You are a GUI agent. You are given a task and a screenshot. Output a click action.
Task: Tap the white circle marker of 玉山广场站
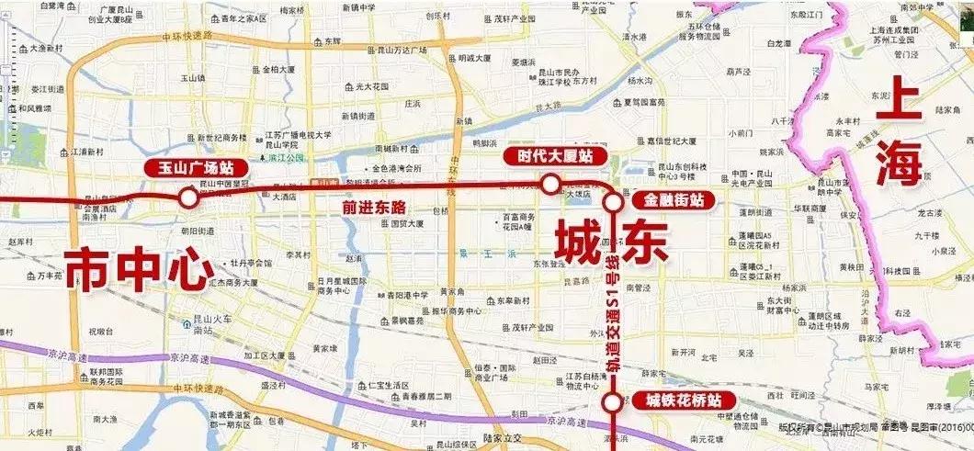pos(187,197)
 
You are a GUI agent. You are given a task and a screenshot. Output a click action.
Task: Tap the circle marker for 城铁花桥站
pos(612,402)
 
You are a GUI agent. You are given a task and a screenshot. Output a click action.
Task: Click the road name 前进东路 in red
pos(374,208)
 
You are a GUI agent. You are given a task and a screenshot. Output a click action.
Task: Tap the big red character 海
pos(897,166)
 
